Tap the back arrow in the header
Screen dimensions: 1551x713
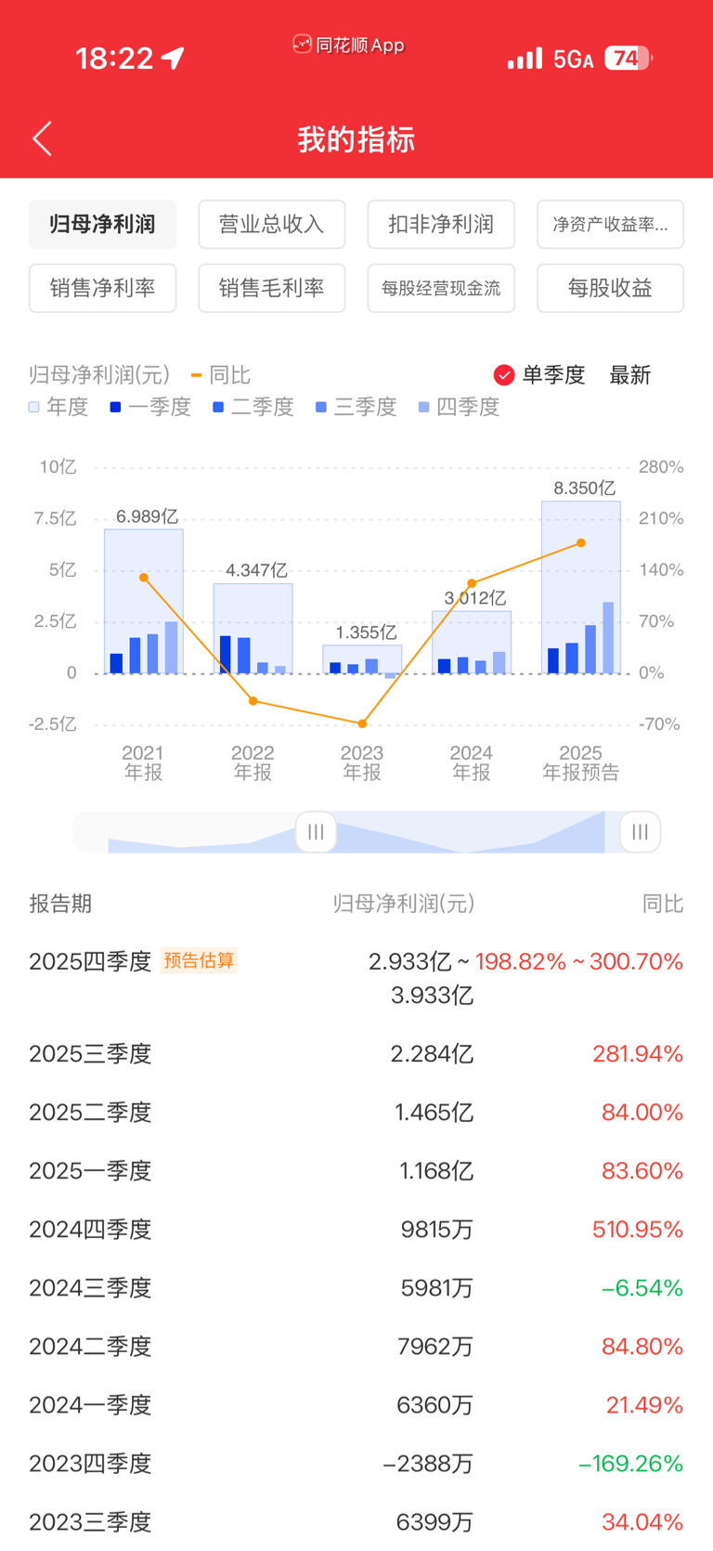42,139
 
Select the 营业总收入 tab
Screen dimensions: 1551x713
271,224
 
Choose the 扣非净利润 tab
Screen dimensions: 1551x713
441,224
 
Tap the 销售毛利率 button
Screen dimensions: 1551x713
271,288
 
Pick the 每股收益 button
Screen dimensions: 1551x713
610,288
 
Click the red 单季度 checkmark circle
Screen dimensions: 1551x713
504,375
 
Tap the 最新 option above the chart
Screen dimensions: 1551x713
629,375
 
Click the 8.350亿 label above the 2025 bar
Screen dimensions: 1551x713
584,488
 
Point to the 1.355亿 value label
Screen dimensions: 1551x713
366,632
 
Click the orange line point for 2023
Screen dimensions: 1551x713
362,723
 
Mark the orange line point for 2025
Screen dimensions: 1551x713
581,543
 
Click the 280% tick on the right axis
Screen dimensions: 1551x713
661,467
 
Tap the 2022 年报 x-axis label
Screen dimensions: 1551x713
253,762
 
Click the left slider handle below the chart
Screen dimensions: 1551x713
316,831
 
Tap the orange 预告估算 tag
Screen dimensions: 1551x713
199,960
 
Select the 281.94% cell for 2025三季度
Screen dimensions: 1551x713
638,1054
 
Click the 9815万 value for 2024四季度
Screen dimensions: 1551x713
436,1230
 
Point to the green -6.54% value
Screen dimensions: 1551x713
642,1288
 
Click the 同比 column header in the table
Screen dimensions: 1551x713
663,904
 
